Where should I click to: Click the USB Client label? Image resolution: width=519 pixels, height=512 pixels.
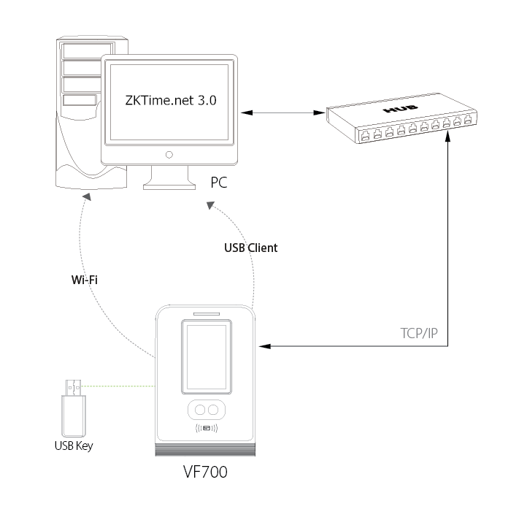pos(250,248)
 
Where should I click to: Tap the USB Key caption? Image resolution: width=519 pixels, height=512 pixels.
pos(74,444)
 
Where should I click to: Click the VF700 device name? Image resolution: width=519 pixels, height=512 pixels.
pos(204,473)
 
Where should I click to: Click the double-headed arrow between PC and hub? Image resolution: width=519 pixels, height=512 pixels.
pos(282,112)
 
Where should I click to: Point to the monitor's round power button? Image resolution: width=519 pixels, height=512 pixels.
pos(169,154)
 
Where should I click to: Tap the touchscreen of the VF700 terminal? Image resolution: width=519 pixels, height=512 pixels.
pos(205,358)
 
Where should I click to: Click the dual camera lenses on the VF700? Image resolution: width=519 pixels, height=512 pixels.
pos(205,409)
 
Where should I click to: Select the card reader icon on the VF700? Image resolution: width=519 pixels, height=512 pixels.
pos(205,428)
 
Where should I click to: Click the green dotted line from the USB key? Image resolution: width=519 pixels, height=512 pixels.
pos(120,385)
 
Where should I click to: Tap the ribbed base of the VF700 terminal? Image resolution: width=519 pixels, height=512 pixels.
pos(205,450)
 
